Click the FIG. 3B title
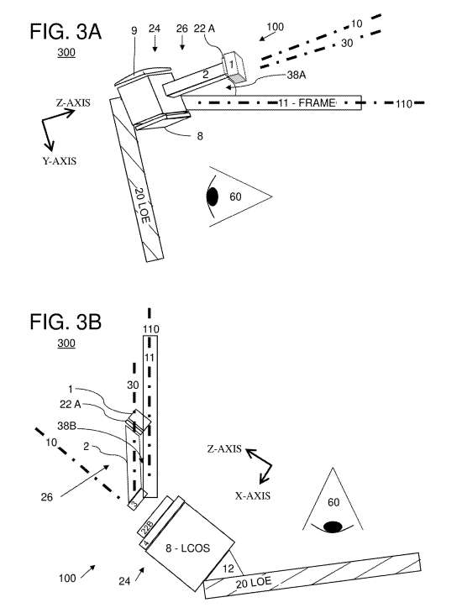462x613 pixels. pos(67,322)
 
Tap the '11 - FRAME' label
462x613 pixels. pos(307,102)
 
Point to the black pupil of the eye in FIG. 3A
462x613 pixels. pos(214,196)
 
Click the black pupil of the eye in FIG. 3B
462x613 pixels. pos(333,527)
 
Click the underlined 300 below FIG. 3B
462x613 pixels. pos(66,344)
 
